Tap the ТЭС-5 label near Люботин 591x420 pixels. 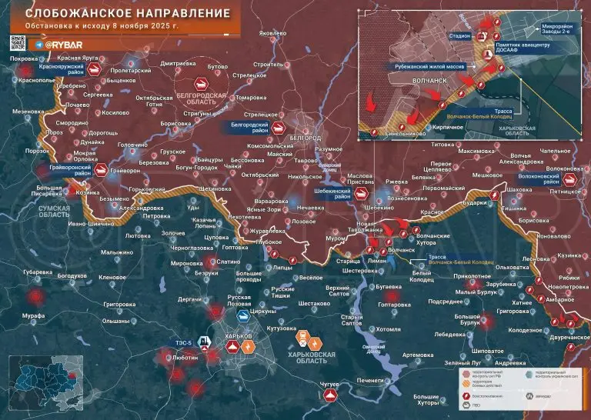click(184, 342)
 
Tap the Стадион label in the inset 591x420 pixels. click(459, 35)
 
